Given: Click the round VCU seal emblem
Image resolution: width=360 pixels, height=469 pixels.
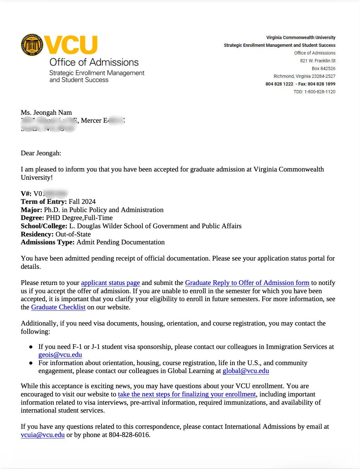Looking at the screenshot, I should point(32,45).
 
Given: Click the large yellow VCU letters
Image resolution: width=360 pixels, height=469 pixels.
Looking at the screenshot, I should point(71,45).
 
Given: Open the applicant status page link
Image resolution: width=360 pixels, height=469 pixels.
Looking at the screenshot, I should point(110,283).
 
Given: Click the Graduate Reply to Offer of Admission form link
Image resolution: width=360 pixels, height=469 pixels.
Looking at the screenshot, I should point(247,283).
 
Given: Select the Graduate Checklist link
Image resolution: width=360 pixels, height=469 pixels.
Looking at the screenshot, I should point(58,307).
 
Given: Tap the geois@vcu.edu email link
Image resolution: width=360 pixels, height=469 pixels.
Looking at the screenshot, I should point(60,355).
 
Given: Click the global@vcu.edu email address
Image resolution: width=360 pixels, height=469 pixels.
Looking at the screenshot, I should point(246,371).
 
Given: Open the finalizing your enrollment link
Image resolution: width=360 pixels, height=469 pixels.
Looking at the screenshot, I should point(187,394).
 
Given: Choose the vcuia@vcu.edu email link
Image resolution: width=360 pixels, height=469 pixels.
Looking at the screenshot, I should point(43,435).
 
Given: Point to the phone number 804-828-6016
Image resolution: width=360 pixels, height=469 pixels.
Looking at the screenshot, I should point(129,435).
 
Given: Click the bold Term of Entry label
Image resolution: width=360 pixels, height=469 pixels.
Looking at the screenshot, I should point(44,202).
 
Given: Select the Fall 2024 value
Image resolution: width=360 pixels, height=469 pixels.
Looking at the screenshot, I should point(82,202).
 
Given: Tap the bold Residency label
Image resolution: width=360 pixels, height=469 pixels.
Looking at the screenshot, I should point(37,234).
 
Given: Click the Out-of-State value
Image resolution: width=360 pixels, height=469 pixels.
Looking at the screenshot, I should point(73,234).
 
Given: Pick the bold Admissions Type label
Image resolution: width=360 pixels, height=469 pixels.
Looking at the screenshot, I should point(47,242).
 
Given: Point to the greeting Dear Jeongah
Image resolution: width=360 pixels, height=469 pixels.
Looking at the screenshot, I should point(41,153).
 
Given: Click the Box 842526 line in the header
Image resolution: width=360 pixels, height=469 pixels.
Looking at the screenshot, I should point(323,69).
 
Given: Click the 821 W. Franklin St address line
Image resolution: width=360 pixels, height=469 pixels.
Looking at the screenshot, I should point(317,61).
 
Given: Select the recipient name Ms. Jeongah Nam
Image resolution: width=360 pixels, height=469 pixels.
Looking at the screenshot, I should point(46,112).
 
